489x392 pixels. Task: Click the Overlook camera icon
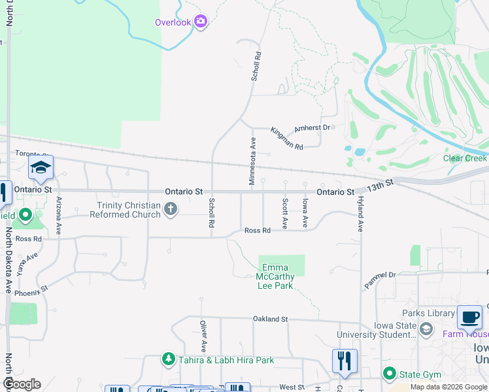pos(200,22)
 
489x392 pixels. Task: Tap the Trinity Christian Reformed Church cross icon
pos(171,209)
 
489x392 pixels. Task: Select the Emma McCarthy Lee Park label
pos(278,276)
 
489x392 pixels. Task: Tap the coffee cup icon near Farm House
pos(469,317)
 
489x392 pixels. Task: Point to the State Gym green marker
pos(390,374)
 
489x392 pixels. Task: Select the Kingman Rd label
pos(287,139)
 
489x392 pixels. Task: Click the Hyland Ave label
pos(360,216)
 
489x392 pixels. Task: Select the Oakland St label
pos(271,319)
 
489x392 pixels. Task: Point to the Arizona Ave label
pos(59,216)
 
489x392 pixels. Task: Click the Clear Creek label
pos(465,158)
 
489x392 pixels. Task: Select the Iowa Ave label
pos(305,213)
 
